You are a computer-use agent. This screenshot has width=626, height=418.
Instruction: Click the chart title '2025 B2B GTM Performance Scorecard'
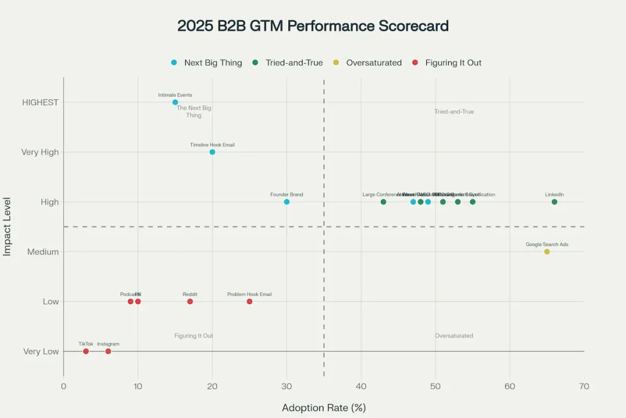313,26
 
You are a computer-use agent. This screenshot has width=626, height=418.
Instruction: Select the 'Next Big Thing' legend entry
207,62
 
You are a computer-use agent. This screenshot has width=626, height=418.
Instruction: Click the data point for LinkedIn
554,202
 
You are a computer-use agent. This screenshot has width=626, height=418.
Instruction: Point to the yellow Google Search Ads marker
547,252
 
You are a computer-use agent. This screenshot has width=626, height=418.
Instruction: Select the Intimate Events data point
175,102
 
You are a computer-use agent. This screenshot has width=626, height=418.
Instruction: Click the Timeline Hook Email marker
212,152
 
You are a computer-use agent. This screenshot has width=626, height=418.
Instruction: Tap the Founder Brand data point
287,202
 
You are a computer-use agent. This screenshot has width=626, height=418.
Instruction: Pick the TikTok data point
86,351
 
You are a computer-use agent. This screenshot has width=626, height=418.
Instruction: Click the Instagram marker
108,351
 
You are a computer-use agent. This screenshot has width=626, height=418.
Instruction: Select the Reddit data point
190,302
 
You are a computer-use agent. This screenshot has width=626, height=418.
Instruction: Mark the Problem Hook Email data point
249,302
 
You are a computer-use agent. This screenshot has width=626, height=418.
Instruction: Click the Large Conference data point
383,202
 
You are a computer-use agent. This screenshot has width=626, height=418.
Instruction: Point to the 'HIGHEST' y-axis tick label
40,102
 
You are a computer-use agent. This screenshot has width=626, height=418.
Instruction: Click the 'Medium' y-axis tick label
43,252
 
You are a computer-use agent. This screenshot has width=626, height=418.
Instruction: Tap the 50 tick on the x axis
435,386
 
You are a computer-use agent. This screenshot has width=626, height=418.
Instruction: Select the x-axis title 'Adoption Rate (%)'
323,408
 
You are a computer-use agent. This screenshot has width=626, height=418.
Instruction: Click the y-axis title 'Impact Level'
7,226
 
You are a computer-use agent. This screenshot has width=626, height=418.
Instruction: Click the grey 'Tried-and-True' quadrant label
454,112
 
